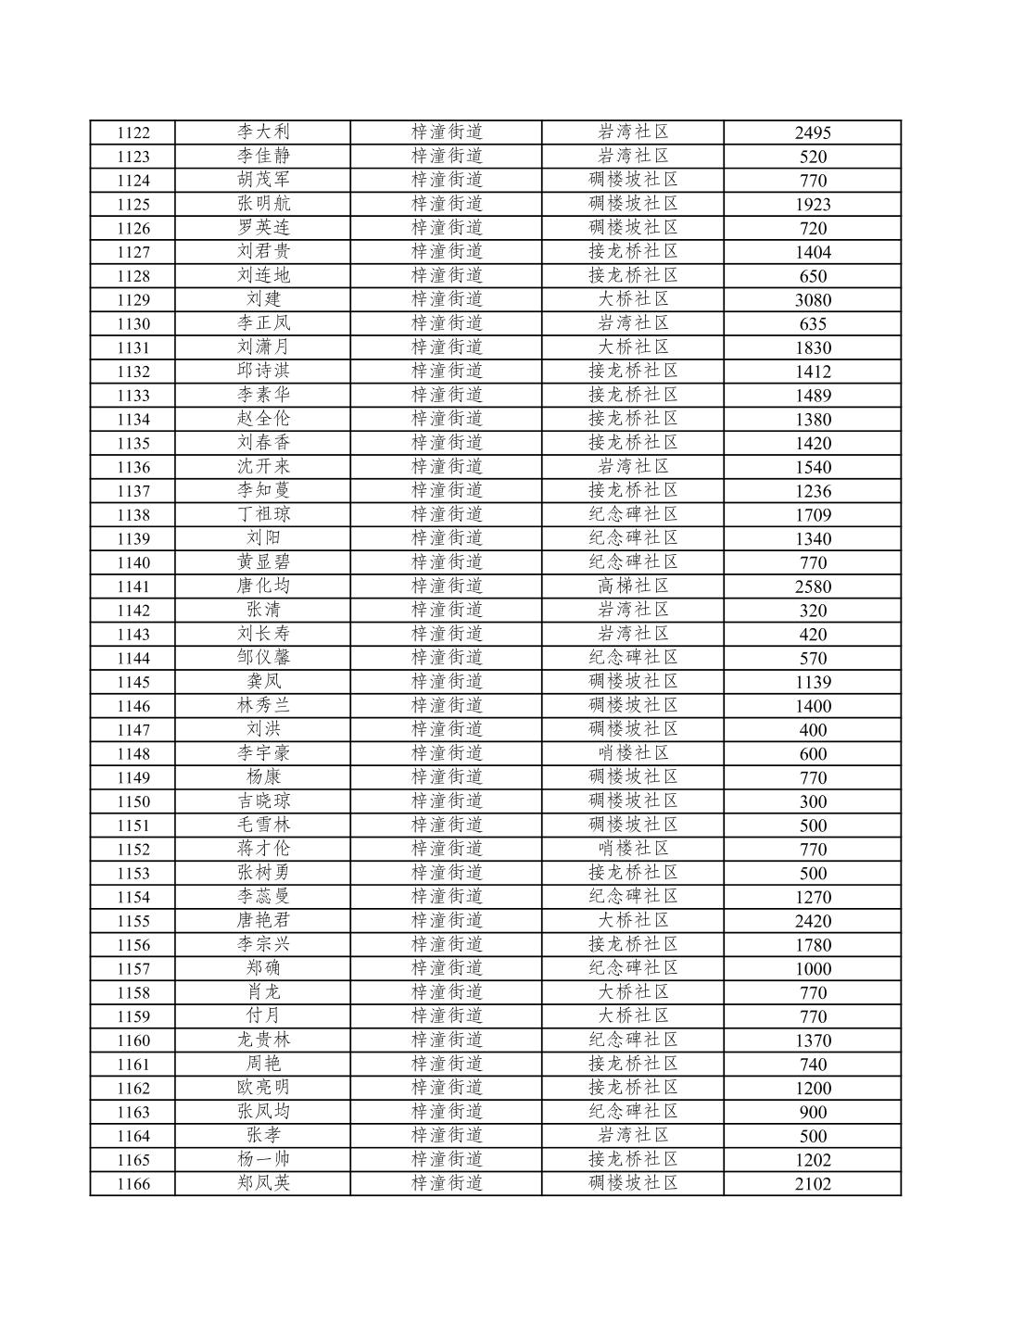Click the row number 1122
(x=133, y=132)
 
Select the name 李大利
(x=263, y=132)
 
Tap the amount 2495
(x=813, y=132)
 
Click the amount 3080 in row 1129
(x=813, y=300)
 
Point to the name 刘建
(x=263, y=299)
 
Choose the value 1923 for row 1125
(x=813, y=205)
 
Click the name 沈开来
(x=263, y=466)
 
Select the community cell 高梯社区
(x=633, y=586)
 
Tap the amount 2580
(x=813, y=586)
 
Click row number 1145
(x=133, y=683)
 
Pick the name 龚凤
(x=263, y=682)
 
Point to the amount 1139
(x=813, y=683)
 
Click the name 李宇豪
(x=263, y=753)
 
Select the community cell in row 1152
(x=633, y=849)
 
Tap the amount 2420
(x=813, y=921)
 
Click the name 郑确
(x=263, y=968)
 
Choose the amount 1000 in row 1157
(x=813, y=969)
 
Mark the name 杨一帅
(x=263, y=1159)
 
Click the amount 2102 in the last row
(x=813, y=1184)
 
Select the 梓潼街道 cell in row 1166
(x=447, y=1183)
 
